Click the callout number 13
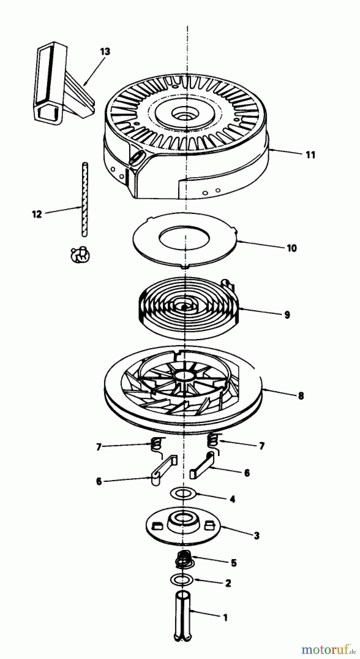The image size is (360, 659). coord(105,52)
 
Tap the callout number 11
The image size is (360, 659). coord(310,155)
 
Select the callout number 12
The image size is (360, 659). coord(37,214)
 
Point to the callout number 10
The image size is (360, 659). coord(291,248)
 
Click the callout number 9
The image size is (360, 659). coord(287,314)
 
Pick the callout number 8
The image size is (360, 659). coord(301,396)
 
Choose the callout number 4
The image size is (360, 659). coord(232,499)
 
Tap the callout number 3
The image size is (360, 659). coord(256,536)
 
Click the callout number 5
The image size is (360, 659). coord(234,563)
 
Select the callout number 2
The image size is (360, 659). coord(228,583)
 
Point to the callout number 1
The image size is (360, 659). coord(226,618)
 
